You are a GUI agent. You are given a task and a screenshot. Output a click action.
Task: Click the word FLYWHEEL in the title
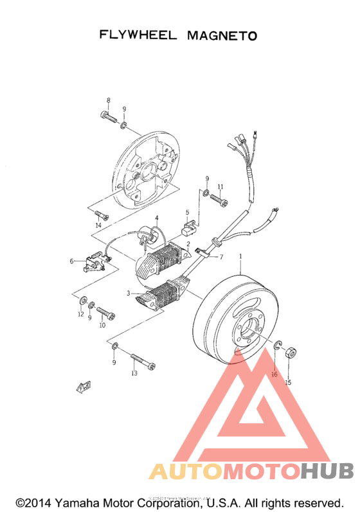click(x=138, y=35)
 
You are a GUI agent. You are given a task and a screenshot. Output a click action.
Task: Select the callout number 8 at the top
click(x=108, y=100)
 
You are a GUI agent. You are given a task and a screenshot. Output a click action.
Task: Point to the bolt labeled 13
click(x=143, y=362)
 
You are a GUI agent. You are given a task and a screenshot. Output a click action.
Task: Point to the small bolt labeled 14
click(x=99, y=213)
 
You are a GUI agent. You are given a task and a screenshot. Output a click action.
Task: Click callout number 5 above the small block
click(x=188, y=212)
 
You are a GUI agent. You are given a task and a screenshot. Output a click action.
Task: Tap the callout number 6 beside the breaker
click(x=72, y=261)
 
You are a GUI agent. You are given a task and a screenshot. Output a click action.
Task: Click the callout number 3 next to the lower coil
click(x=129, y=294)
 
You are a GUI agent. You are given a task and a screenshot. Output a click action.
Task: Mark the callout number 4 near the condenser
click(x=156, y=219)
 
